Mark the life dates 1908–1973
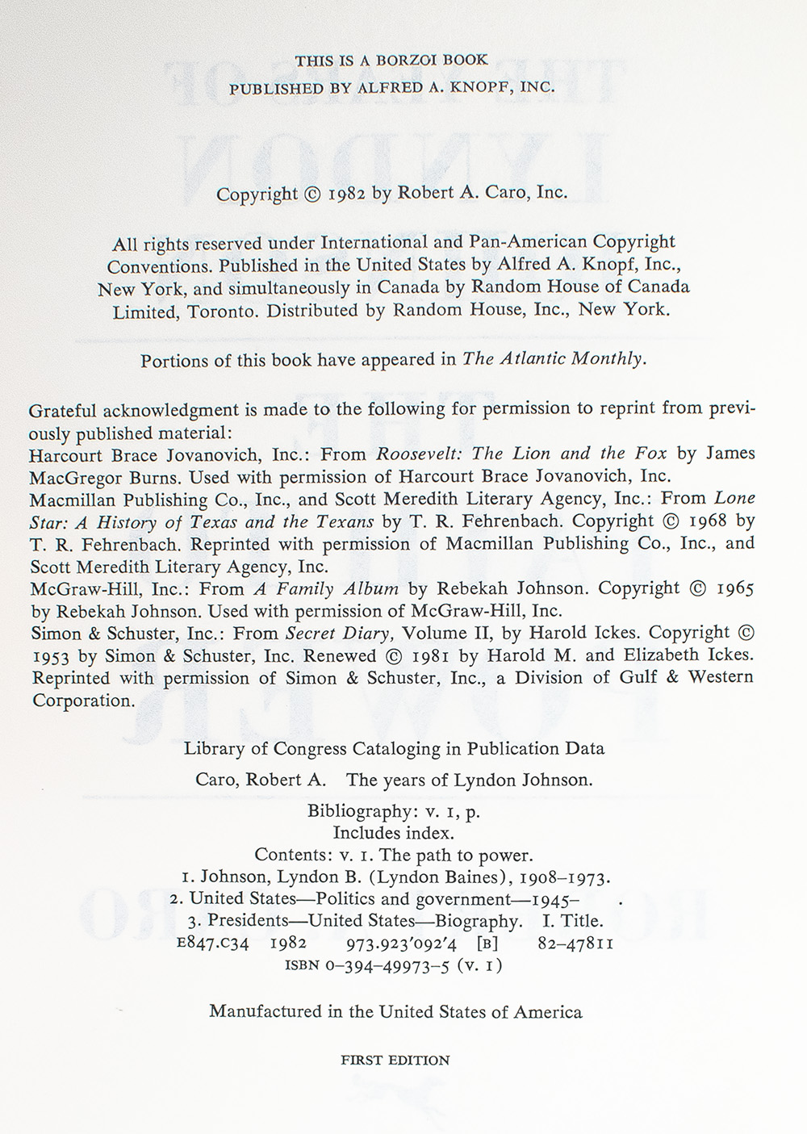pos(563,877)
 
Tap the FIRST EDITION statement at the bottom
pos(395,1061)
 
